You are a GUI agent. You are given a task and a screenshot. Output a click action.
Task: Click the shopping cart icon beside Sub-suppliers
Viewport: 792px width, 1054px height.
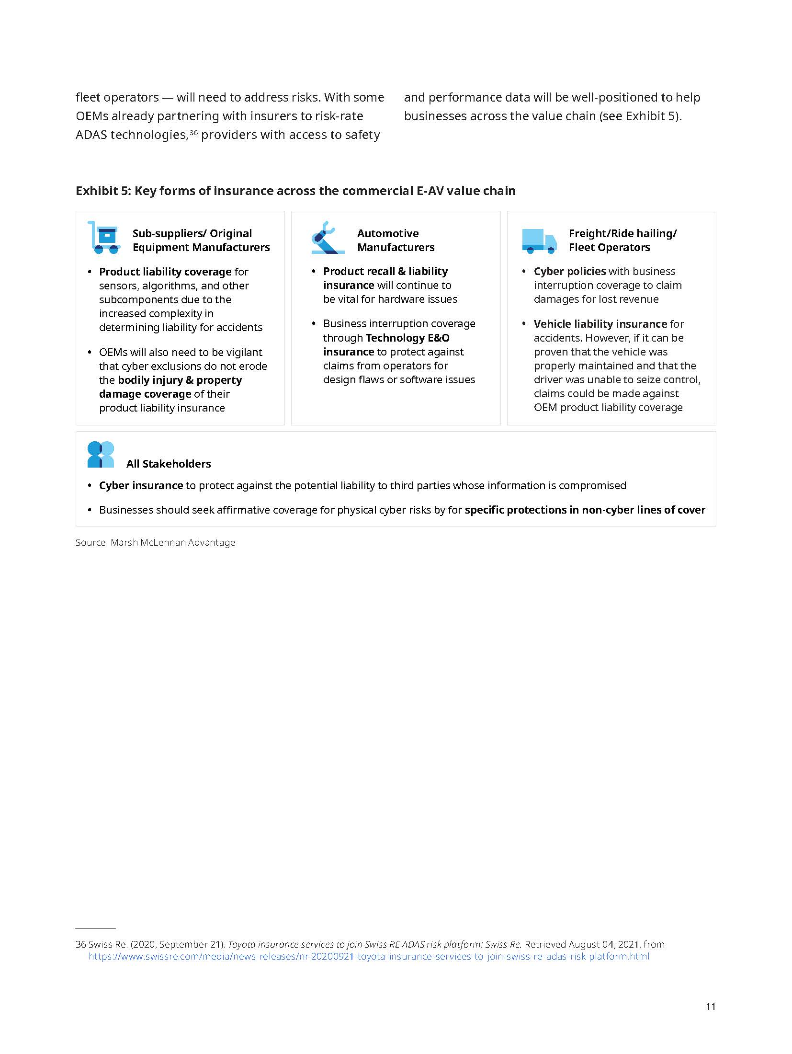pos(103,238)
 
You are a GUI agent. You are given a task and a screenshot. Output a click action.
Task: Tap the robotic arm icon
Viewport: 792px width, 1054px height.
pos(328,238)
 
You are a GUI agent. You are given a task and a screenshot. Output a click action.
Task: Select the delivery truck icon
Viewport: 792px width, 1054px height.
pos(539,241)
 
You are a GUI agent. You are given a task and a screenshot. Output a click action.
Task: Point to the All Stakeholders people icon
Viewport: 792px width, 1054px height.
pos(101,454)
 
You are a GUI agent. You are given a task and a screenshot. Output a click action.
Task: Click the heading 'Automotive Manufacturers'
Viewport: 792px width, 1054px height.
pos(396,240)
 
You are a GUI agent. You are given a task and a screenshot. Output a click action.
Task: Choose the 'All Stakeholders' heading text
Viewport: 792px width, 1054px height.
pos(169,464)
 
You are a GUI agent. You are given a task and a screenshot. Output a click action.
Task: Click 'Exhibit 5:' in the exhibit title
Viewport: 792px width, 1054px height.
pos(103,191)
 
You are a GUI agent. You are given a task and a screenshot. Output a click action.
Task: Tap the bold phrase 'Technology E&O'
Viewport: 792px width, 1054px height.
pos(407,338)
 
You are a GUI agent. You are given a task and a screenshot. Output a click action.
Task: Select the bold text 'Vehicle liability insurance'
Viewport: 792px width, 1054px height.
pos(600,324)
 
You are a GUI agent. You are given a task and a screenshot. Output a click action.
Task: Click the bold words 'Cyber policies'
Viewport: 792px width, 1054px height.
pos(570,271)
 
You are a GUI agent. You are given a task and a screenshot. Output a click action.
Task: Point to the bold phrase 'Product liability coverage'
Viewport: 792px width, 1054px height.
pos(165,272)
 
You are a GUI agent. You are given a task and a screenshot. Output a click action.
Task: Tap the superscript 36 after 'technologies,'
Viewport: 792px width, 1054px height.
pos(193,132)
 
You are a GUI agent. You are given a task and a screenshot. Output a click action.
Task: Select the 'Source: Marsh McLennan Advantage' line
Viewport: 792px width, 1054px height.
pos(155,542)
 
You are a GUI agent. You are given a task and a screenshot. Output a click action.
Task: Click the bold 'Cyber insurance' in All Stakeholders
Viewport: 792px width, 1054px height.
pos(141,485)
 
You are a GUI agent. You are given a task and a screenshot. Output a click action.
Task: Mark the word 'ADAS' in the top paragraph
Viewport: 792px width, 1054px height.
pos(91,135)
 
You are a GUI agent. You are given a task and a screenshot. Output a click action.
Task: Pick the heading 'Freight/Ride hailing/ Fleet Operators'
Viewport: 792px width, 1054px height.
pos(622,240)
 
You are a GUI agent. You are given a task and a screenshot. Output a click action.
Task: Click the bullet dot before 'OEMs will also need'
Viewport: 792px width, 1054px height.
pos(90,352)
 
